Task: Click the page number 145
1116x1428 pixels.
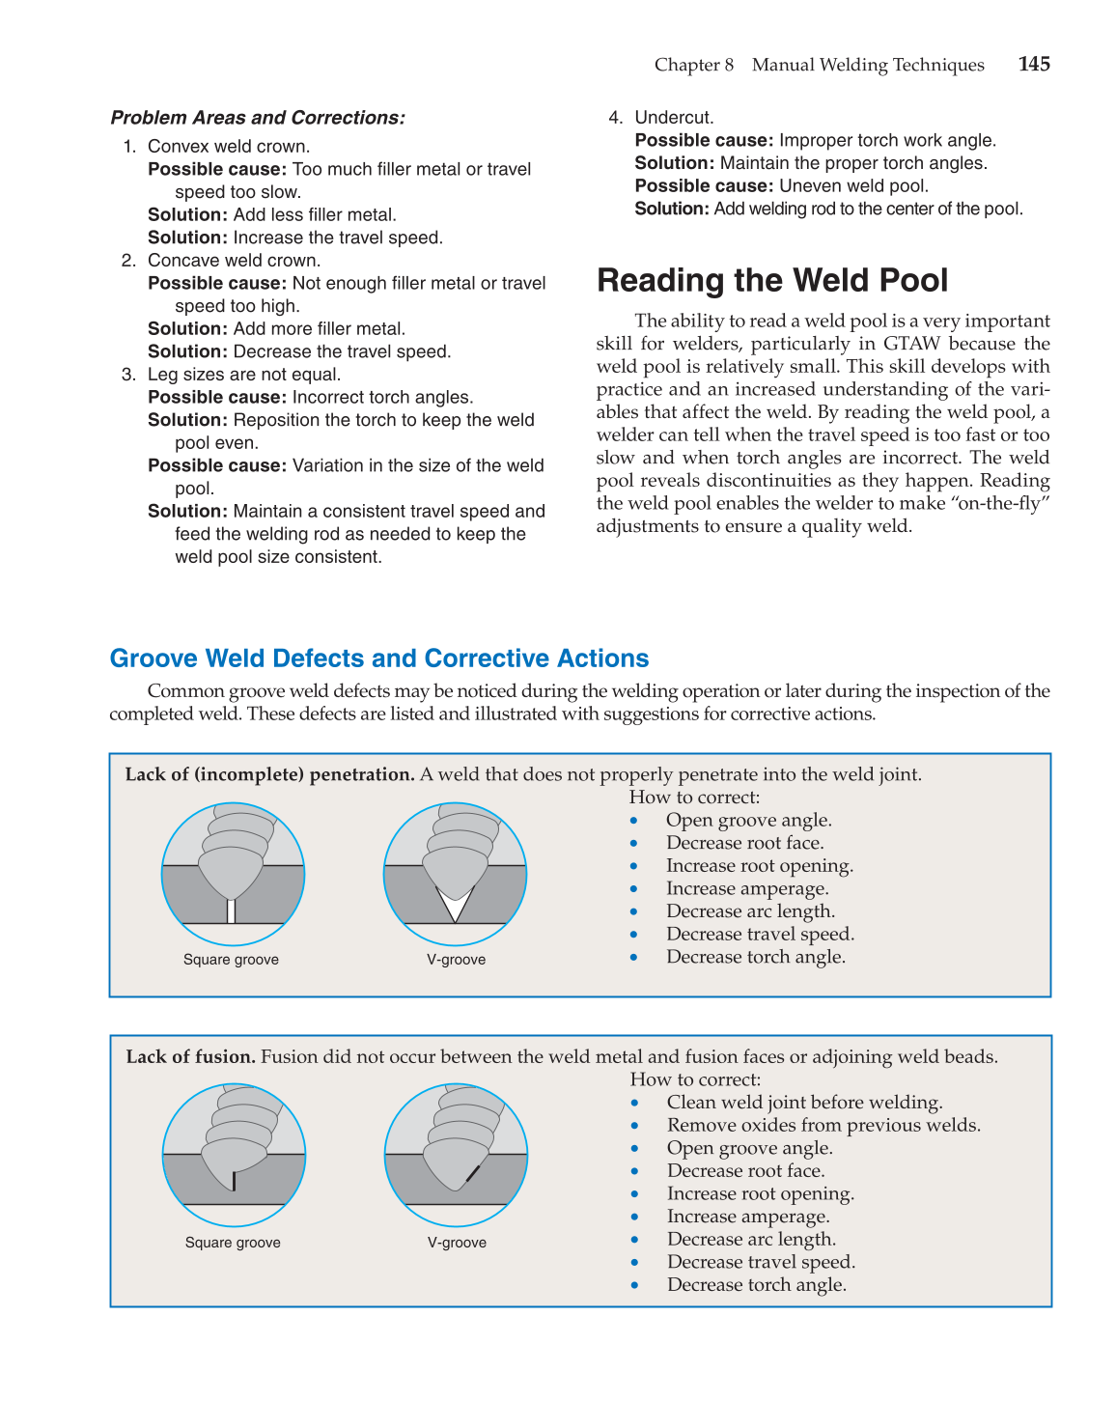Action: point(1033,64)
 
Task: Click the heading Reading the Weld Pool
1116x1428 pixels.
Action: point(772,280)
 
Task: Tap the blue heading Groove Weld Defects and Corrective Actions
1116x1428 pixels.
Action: point(378,658)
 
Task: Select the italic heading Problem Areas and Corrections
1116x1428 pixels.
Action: point(258,118)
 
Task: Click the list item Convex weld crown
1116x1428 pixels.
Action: point(228,147)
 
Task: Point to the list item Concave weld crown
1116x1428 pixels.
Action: point(234,261)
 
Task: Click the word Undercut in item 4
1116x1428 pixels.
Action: point(674,118)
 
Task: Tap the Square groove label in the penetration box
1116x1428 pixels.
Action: point(231,960)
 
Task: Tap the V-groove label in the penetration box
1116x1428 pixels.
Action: point(456,960)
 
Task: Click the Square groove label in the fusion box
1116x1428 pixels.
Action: point(233,1243)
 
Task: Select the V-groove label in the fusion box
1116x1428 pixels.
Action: point(457,1243)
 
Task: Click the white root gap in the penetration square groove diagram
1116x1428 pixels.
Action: point(232,910)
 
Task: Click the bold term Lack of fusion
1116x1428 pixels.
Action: point(190,1056)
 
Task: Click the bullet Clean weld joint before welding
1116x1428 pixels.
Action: point(804,1103)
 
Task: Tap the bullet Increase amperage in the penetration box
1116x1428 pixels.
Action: point(746,888)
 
